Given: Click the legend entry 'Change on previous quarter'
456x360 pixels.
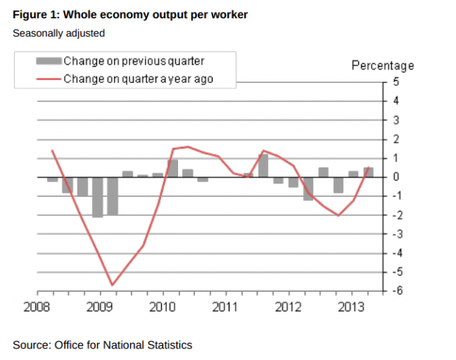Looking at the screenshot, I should point(133,61).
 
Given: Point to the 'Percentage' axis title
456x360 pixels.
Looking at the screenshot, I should point(382,66).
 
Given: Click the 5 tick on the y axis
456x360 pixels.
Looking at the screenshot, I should point(396,82).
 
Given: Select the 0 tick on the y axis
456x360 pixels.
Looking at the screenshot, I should point(396,177).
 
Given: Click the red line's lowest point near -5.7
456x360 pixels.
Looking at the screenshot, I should point(113,285).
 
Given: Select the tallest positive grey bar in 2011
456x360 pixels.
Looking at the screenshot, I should point(263,165).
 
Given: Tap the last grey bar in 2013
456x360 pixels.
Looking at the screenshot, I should point(368,172).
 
